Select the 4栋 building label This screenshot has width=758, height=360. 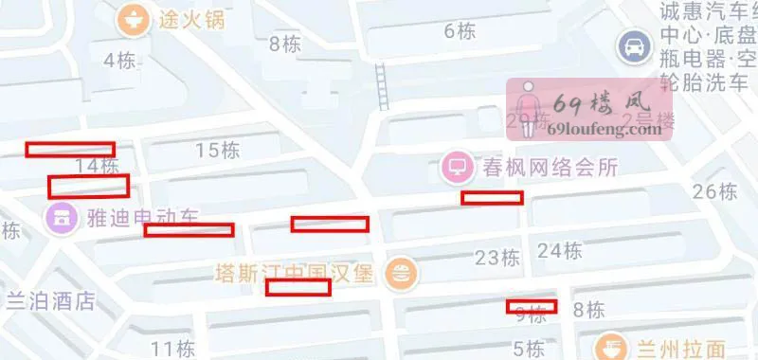coord(119,61)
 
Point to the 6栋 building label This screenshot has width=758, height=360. coord(460,31)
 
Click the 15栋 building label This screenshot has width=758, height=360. coord(217,150)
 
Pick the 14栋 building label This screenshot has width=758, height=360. coord(96,166)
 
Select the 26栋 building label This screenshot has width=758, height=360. coord(714,191)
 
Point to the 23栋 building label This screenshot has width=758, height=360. coord(497,258)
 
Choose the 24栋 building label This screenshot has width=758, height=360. coord(559,251)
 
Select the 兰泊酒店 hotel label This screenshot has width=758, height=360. coord(51,301)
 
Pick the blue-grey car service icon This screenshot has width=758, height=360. coord(630,44)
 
